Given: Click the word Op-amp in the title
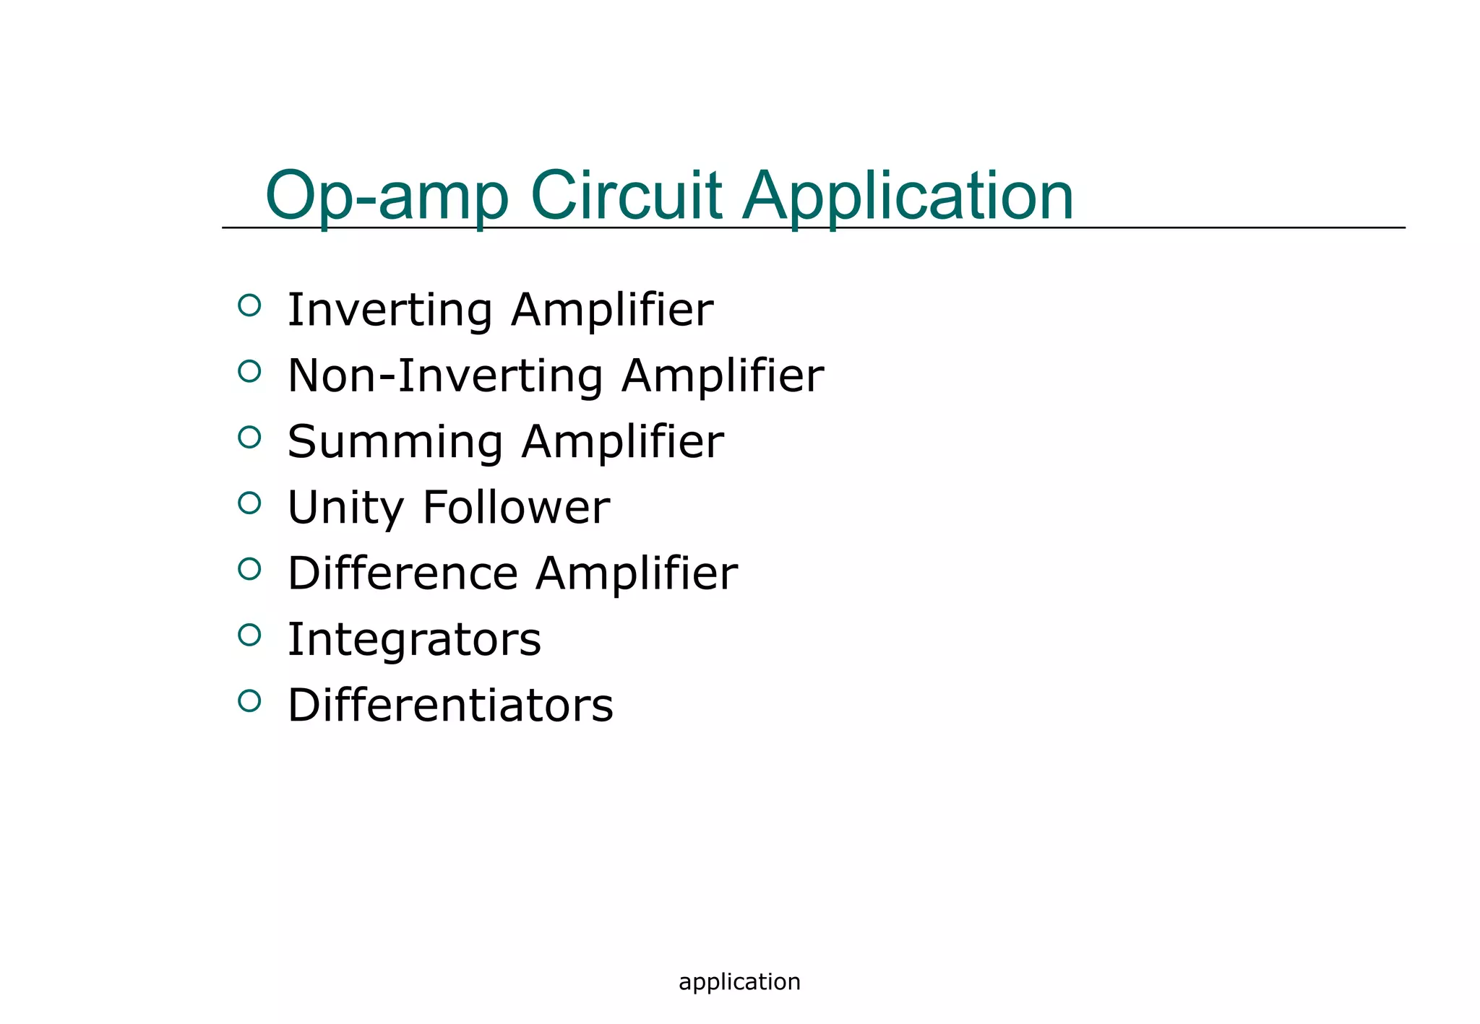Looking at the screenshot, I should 387,196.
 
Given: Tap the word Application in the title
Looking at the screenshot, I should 908,196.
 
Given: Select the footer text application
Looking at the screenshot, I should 739,982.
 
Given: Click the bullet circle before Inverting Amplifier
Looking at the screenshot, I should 249,305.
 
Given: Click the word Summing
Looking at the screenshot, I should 395,443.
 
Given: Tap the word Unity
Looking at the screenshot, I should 345,508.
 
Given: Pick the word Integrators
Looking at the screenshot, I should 414,640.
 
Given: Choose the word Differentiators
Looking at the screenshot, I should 450,706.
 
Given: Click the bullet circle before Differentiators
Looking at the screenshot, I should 249,700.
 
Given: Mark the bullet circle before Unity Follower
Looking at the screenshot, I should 249,503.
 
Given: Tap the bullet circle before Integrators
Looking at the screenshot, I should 249,635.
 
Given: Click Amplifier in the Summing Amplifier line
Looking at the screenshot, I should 622,442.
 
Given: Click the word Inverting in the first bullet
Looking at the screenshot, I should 390,311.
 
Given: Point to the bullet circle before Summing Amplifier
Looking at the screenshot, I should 249,437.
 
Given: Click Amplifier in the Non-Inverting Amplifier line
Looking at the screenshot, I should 722,376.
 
